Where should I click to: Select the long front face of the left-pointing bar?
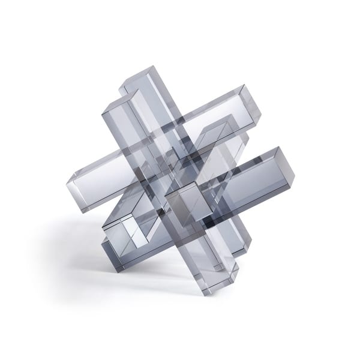pyautogui.click(x=108, y=186)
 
